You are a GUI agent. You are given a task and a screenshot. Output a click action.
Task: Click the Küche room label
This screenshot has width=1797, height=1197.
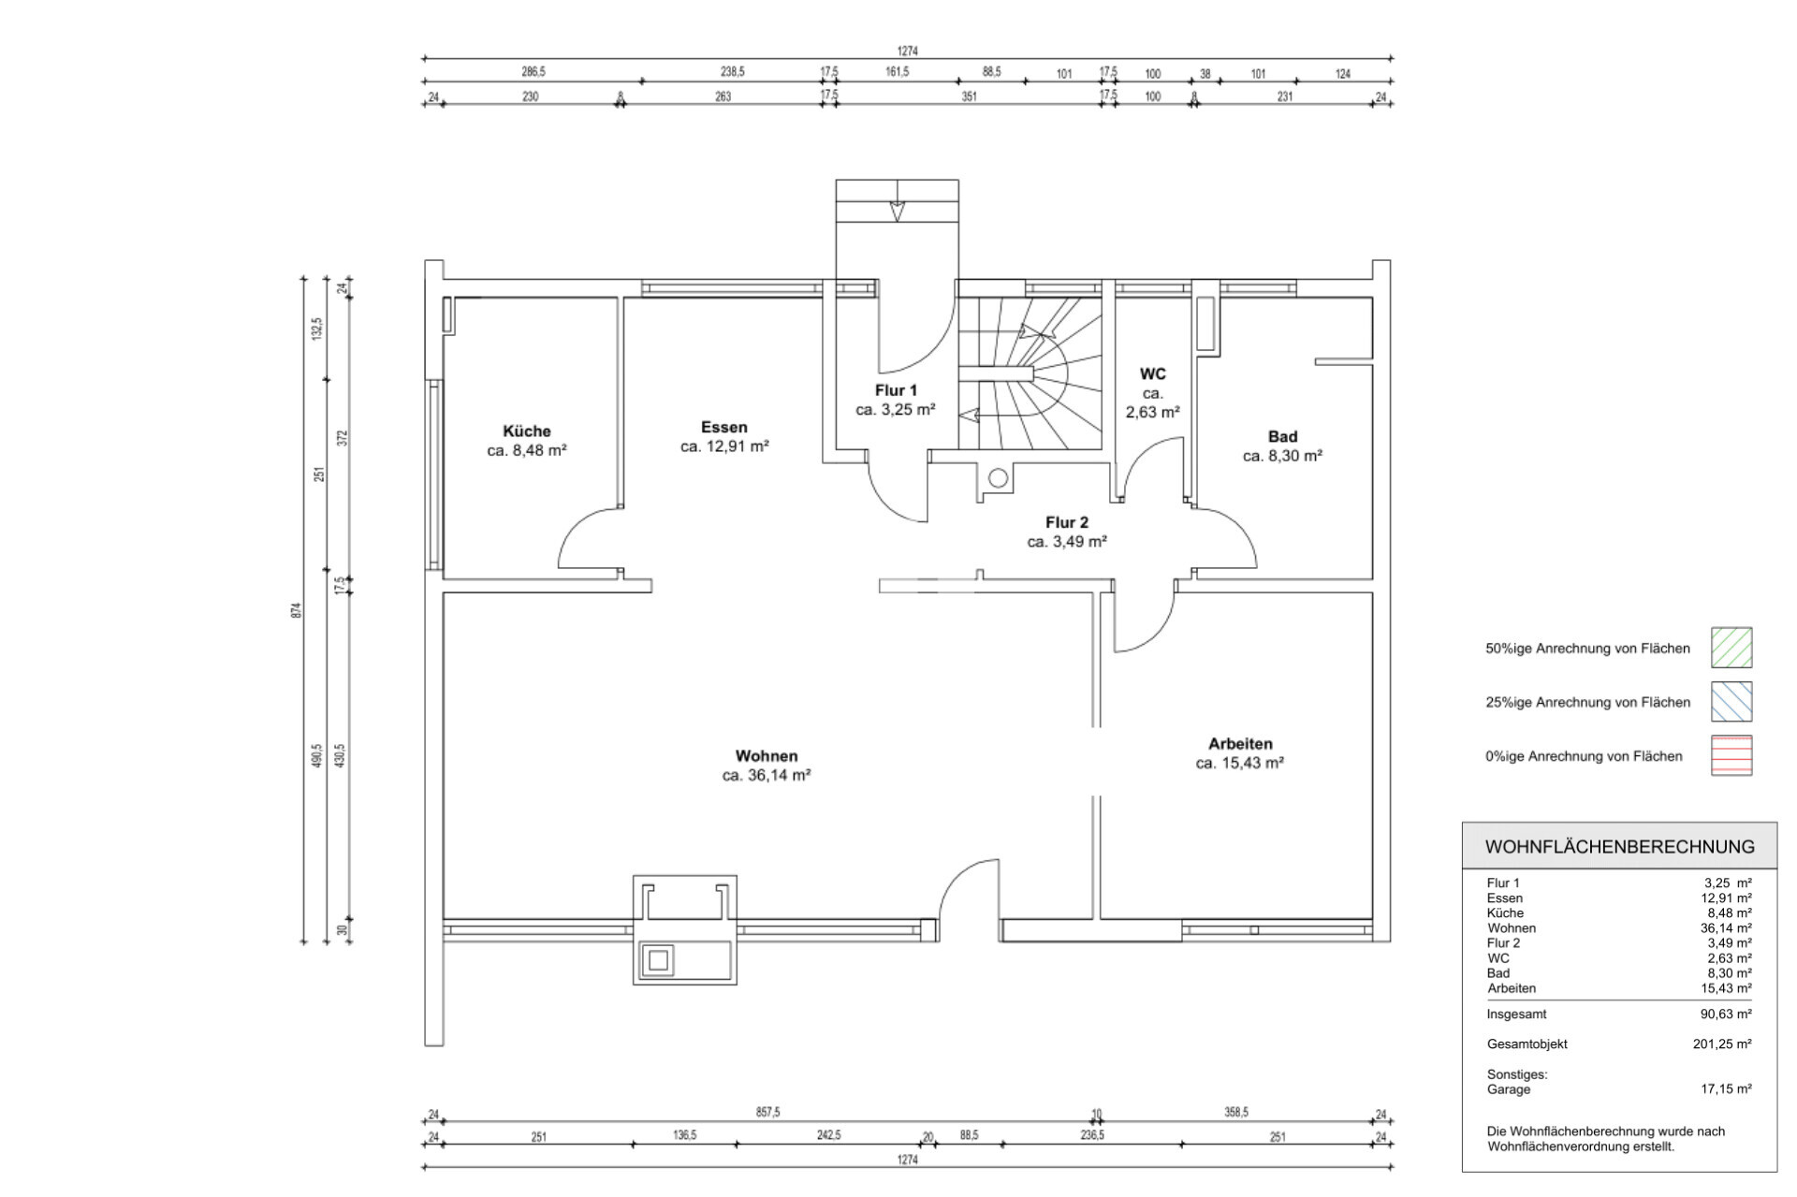coord(527,431)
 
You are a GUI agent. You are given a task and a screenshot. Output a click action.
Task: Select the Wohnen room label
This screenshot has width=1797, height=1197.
coord(767,756)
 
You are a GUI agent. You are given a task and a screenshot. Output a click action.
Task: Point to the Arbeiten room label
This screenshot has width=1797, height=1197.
coord(1240,744)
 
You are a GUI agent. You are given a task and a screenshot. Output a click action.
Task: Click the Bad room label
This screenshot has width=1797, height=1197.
coord(1282,437)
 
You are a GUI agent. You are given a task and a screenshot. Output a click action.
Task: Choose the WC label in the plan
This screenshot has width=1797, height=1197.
coord(1152,374)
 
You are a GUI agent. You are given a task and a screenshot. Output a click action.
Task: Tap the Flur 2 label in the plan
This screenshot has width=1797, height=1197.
coord(1067,522)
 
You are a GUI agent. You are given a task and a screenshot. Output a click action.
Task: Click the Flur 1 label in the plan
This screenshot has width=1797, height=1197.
coord(896,390)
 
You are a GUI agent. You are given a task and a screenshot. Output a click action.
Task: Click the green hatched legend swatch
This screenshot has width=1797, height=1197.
coord(1731,648)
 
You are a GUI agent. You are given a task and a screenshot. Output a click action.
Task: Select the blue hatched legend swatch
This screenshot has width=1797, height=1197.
coord(1731,702)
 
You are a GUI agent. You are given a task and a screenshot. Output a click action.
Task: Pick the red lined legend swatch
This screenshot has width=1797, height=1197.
coord(1731,756)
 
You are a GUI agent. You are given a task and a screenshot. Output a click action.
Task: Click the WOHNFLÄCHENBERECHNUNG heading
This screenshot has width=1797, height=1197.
coord(1620,847)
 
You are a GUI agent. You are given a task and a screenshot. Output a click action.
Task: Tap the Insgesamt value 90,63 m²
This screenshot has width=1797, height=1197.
coord(1726,1014)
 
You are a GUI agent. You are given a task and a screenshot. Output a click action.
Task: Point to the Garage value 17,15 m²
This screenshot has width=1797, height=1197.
coord(1726,1089)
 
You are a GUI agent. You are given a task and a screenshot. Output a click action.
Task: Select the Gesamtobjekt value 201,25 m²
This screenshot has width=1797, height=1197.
coord(1722,1044)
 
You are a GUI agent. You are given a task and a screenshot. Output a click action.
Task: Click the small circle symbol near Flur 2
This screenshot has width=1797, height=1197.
coord(998,479)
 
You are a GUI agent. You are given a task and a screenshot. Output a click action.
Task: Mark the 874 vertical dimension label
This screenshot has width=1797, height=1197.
coord(297,610)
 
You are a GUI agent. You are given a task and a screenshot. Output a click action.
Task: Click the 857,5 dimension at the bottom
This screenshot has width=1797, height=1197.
coord(767,1112)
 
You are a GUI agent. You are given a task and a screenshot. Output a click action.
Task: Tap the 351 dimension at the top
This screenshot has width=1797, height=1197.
coord(969,96)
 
